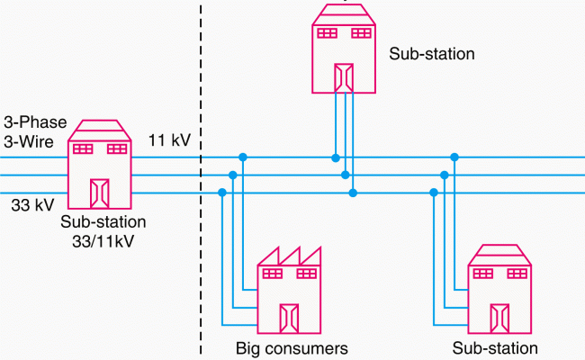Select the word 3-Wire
coord(25,140)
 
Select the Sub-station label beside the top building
coord(431,54)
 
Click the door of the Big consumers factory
coord(290,317)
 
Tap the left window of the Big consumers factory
coord(274,274)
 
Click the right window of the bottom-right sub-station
coord(517,274)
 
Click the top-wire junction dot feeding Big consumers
coord(243,157)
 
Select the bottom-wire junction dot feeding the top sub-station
coord(354,192)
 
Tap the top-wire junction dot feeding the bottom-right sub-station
coord(454,157)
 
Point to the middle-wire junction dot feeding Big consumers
coord(233,175)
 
